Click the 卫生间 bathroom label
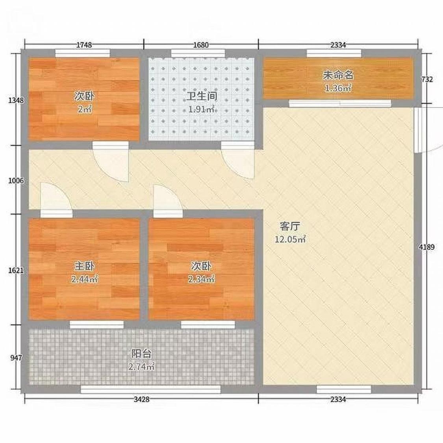(x=202, y=96)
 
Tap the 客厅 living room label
(x=290, y=226)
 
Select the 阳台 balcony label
(x=141, y=354)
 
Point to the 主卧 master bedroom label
(x=84, y=266)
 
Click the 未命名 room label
(x=338, y=76)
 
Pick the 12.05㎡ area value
(x=291, y=239)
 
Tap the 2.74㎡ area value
(x=141, y=367)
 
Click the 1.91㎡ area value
(x=202, y=109)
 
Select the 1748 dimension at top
(x=84, y=45)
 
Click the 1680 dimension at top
(x=201, y=45)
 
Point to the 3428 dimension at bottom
(x=141, y=399)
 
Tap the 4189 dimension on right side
(x=426, y=247)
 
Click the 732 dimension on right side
(x=427, y=80)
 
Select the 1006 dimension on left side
(x=16, y=180)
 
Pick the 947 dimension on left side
(x=16, y=358)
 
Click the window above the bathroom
(x=198, y=53)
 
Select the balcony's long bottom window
(x=150, y=389)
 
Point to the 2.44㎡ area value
(x=85, y=280)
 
